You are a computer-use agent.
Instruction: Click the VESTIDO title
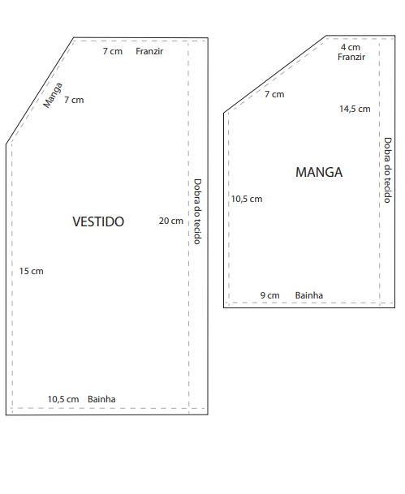coord(98,221)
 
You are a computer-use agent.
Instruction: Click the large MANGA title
coord(319,172)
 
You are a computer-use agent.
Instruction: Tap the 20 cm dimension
coord(170,221)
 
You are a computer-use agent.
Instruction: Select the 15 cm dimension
coord(31,271)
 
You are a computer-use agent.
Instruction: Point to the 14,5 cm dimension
coord(355,109)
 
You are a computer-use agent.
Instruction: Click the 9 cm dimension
coord(269,295)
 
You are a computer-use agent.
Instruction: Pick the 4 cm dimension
coord(351,47)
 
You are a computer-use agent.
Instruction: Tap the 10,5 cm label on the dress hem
coord(63,399)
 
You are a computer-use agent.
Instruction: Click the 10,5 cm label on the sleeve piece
coord(247,199)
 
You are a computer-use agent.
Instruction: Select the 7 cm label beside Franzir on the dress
coord(113,51)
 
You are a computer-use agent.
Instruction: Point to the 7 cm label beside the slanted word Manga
coord(74,100)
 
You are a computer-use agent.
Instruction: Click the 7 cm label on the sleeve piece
coord(274,94)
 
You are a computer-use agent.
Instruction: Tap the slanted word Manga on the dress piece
coord(53,95)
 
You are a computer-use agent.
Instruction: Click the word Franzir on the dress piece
coord(149,51)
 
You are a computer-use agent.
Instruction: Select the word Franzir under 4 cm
coord(351,57)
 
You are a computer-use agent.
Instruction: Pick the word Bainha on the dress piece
coord(101,399)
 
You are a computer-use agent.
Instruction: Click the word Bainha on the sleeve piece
coord(309,295)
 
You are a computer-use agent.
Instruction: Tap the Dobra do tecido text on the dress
coord(197,212)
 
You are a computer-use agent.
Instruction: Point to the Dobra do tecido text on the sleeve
coord(387,170)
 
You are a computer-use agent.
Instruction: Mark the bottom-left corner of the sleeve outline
coord(224,307)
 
